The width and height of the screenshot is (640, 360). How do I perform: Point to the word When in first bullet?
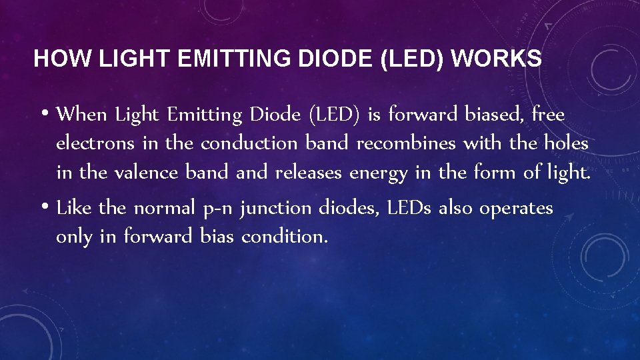82,115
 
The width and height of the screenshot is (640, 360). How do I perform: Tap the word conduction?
251,144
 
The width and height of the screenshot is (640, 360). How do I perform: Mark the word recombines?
406,144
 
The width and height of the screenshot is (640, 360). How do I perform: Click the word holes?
566,144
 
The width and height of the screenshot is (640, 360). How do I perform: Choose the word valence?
146,173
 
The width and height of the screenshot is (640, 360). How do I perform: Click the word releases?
308,173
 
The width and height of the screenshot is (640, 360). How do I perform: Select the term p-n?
217,209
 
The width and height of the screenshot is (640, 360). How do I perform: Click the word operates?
516,209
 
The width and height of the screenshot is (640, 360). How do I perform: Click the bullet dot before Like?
44,208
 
